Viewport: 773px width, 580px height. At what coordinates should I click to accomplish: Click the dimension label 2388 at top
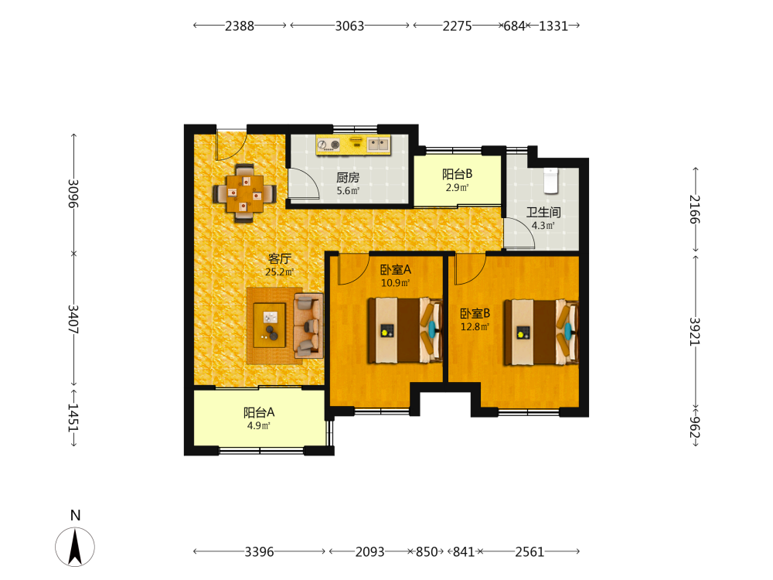[240, 26]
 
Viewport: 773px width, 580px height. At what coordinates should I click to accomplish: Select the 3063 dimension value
[349, 26]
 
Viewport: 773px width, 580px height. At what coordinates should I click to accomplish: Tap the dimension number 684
[514, 26]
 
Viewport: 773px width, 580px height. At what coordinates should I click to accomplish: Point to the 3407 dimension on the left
[73, 319]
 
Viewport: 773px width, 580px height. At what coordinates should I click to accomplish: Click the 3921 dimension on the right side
[695, 332]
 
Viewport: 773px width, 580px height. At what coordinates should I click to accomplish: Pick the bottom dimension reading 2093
[369, 551]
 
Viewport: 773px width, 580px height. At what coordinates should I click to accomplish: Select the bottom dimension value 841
[463, 551]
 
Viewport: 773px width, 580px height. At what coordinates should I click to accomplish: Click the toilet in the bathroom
[550, 180]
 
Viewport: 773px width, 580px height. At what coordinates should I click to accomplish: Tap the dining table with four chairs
[244, 193]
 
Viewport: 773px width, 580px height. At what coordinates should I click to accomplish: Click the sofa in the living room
[308, 326]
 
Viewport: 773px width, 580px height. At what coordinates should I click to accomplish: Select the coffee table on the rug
[269, 326]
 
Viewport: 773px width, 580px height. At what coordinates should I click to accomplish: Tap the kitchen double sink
[379, 144]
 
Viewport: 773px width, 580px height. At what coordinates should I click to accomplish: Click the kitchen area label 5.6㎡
[348, 191]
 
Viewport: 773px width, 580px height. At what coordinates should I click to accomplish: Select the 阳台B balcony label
[457, 173]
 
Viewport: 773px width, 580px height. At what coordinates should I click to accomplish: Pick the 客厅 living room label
[280, 258]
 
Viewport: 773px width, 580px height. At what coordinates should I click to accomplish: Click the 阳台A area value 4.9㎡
[259, 425]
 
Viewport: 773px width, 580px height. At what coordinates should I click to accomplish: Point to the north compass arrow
[75, 546]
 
